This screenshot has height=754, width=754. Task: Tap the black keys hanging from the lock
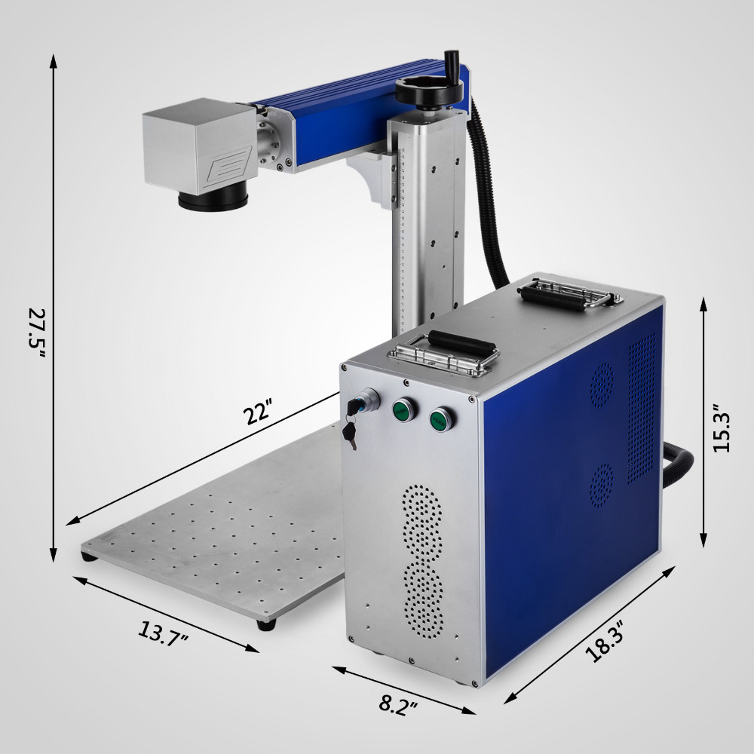pyautogui.click(x=350, y=431)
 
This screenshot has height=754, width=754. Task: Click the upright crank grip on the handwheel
pyautogui.click(x=453, y=64)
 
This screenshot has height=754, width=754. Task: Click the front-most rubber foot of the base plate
pyautogui.click(x=265, y=624)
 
